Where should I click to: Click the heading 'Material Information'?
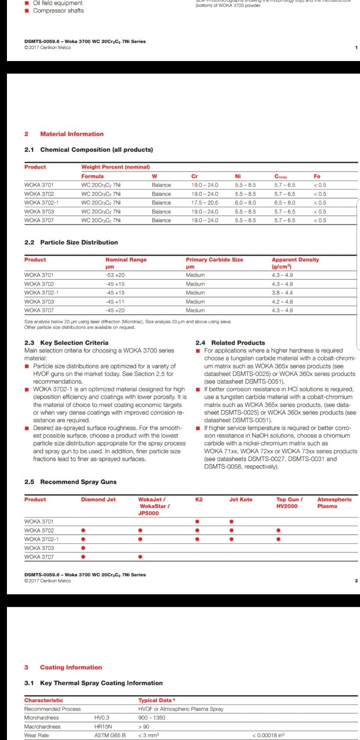click(72, 134)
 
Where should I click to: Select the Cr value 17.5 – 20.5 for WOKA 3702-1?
click(205, 203)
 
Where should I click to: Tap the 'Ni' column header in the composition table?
click(238, 176)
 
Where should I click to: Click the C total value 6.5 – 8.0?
click(285, 203)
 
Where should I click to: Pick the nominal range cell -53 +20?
click(115, 275)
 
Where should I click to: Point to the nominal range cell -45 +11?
click(115, 302)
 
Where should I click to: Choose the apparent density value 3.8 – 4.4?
click(282, 293)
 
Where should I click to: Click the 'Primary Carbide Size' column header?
click(214, 260)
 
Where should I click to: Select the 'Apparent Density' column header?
click(295, 260)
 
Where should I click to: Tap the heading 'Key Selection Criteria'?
click(74, 343)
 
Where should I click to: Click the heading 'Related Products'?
click(238, 343)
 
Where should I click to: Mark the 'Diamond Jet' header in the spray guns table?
click(98, 499)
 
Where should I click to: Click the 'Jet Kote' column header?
click(241, 499)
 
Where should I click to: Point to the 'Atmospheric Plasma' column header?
click(334, 503)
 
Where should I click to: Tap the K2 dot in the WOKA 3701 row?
click(197, 522)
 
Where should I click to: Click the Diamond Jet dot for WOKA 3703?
click(83, 548)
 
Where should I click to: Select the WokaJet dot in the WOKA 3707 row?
click(140, 557)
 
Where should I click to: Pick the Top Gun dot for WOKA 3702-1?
click(278, 539)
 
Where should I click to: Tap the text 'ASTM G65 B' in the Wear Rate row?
click(110, 735)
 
